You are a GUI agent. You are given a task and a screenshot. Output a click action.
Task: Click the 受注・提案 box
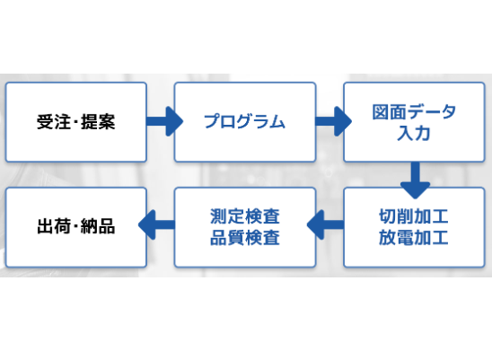coord(75,121)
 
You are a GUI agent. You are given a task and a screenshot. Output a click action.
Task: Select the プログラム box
coord(244,121)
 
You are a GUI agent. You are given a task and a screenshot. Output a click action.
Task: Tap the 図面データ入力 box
coord(414,121)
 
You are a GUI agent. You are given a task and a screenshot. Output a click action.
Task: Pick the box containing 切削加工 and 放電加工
coord(414,227)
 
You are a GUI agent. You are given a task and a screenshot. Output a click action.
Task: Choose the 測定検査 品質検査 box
coord(244,227)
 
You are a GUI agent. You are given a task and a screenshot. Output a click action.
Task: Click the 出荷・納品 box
coord(75,227)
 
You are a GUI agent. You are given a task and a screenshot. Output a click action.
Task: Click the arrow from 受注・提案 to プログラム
coord(160,121)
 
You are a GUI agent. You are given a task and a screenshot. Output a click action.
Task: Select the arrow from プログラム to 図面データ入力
coord(329,121)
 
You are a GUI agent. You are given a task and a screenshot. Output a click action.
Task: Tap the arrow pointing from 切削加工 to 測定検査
coord(329,227)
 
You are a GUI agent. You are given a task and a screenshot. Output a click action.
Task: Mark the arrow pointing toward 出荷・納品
coord(160,227)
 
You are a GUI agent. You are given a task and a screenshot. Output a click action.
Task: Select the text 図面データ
coord(414,112)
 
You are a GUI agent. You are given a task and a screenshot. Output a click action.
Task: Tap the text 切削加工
coord(414,217)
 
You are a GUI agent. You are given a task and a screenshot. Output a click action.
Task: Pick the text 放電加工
coord(414,238)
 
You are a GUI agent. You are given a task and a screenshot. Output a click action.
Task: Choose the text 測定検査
coord(244,217)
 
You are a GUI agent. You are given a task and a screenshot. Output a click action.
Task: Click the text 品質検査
coord(244,238)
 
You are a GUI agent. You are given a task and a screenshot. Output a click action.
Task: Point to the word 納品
coord(98,227)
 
